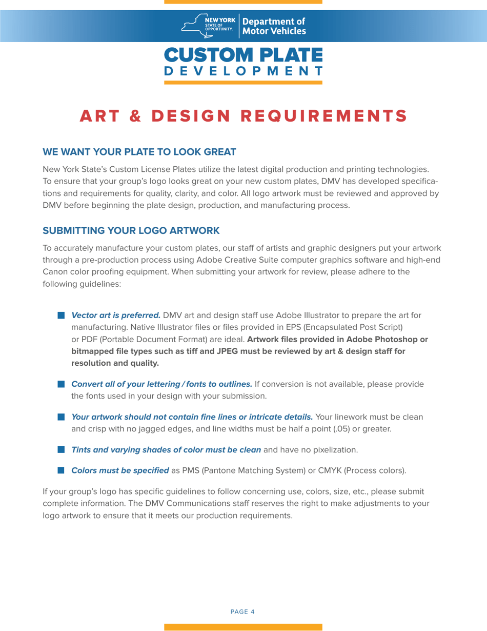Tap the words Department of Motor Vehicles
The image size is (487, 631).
click(x=274, y=27)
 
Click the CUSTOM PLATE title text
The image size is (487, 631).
click(x=243, y=54)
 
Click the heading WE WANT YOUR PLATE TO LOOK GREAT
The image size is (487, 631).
click(x=139, y=152)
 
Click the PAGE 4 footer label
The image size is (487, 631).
click(x=243, y=611)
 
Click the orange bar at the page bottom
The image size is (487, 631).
click(x=243, y=627)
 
